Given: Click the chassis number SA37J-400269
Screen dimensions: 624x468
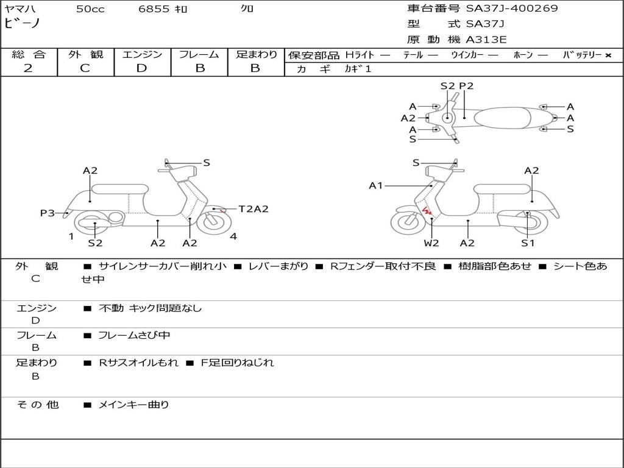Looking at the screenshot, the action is point(512,9).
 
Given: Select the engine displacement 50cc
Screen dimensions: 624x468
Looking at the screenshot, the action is point(90,9).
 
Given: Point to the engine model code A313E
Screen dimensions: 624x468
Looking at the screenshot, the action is point(486,40).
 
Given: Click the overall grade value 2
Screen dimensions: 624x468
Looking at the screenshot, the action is point(28,68).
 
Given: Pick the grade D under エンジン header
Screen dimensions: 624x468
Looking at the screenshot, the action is point(142,68).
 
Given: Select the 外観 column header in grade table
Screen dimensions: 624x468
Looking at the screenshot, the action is point(85,54).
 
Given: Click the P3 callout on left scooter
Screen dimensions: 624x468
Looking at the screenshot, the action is point(48,213).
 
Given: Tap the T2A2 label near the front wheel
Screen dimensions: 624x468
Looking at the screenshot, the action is point(253,209).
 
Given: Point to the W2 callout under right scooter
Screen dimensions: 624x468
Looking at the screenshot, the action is point(431,243).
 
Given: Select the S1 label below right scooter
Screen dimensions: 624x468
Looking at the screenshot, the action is point(527,243).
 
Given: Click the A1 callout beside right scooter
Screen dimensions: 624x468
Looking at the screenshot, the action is point(376,185).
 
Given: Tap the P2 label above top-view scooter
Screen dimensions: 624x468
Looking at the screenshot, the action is point(466,86).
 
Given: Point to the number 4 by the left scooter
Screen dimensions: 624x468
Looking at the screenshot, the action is point(233,236).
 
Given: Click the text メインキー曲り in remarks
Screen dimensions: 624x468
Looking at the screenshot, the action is point(133,405).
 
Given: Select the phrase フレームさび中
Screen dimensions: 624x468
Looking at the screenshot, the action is point(134,335).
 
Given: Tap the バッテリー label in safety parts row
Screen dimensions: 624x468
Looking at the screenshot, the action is point(582,55).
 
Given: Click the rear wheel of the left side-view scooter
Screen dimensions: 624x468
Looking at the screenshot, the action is point(96,224).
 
